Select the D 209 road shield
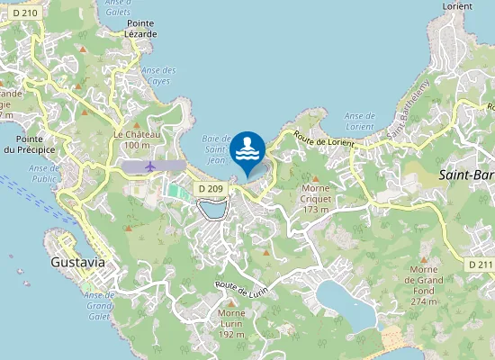pos(209,188)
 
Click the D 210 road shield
pos(24,13)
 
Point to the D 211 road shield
pos(481,265)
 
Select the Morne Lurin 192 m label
pos(231,328)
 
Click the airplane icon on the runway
pos(149,166)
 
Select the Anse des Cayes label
pos(159,76)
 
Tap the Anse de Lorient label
pos(359,121)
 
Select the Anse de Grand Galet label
pos(100,306)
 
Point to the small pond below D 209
pos(212,210)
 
